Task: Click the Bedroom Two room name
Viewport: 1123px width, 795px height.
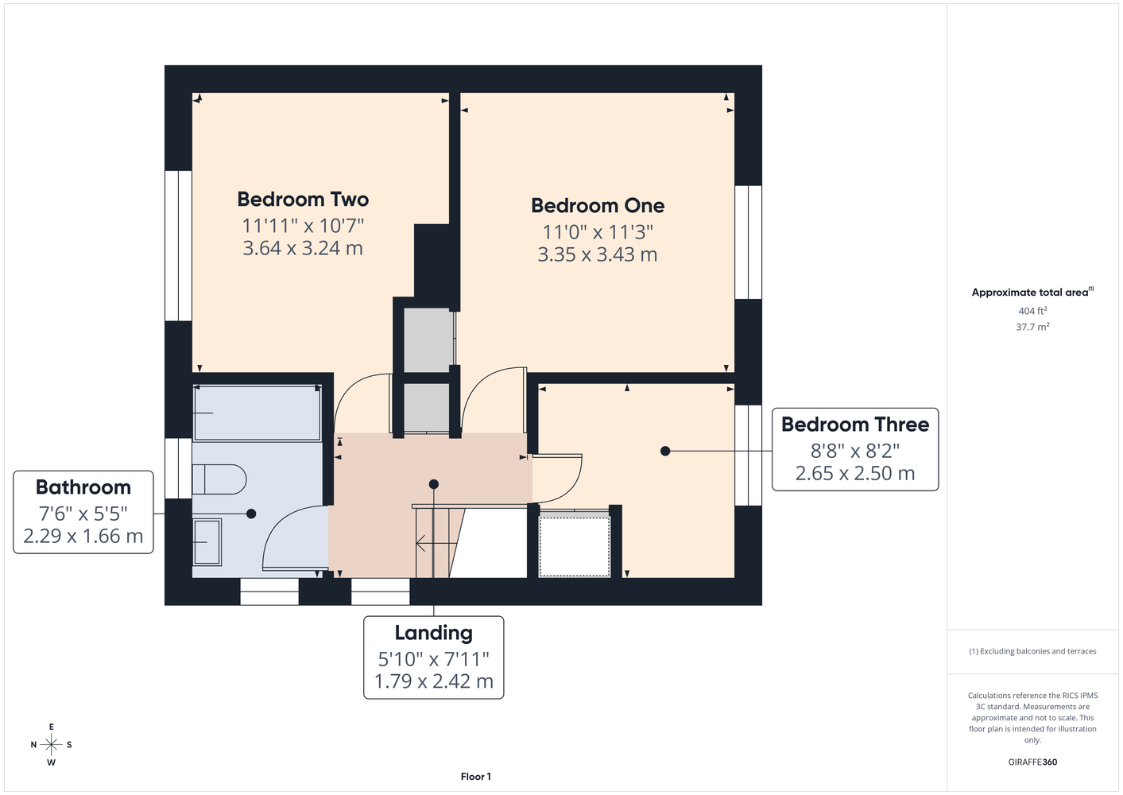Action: coord(303,200)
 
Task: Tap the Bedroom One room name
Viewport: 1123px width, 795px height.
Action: coord(598,206)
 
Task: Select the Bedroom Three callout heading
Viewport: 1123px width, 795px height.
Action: coord(855,425)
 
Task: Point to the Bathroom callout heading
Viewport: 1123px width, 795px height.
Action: coord(83,487)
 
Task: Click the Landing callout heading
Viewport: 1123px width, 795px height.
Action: coord(434,633)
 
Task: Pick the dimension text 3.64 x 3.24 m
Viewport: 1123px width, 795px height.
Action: coord(303,248)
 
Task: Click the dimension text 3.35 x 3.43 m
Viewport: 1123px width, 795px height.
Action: coord(598,255)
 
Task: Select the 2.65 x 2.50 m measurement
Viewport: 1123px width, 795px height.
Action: coord(855,474)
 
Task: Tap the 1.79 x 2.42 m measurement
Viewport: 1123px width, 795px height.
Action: coord(434,681)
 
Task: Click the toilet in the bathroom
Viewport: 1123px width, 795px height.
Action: coord(219,479)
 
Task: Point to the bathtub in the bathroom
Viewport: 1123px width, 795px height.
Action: coord(257,413)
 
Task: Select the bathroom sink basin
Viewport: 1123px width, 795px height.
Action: coord(207,542)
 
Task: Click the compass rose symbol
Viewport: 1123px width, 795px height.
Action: coord(51,744)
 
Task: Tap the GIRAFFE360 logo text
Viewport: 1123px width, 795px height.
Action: coord(1032,762)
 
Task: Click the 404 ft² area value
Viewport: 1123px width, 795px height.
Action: coord(1032,311)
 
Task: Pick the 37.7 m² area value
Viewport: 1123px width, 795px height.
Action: coord(1032,327)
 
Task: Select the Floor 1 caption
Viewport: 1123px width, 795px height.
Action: coord(476,777)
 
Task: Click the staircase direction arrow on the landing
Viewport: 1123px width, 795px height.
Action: coord(436,543)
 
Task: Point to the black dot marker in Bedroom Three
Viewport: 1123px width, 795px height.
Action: coord(665,452)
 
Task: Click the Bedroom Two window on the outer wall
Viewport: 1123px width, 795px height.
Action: coord(179,246)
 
